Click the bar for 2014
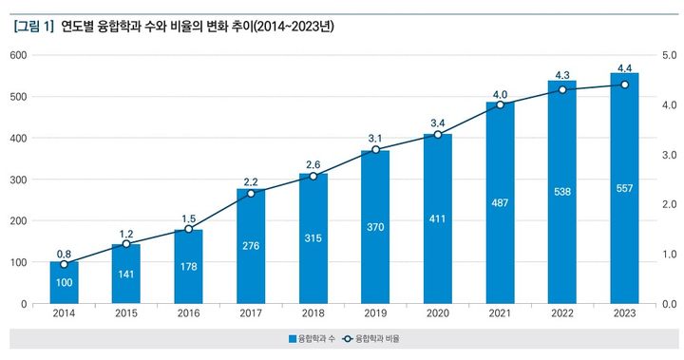click(64, 283)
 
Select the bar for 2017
click(251, 246)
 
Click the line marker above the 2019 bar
click(375, 150)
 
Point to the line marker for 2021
click(500, 104)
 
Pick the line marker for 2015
click(126, 244)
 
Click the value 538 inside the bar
click(562, 191)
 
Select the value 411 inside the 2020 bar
click(437, 218)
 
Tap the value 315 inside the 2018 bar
click(313, 238)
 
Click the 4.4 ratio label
click(624, 68)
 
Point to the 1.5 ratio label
click(188, 218)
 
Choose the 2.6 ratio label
click(313, 163)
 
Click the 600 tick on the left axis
click(17, 55)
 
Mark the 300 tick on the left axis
click(17, 180)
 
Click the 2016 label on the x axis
click(188, 313)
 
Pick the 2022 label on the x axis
click(562, 313)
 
